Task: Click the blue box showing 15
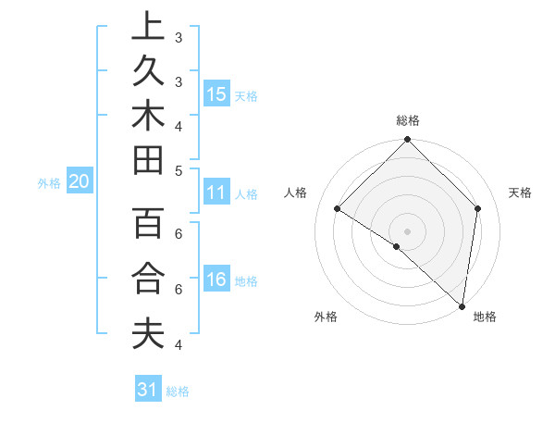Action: point(216,93)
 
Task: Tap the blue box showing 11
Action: point(216,193)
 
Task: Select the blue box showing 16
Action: point(216,280)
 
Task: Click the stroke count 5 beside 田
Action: point(179,169)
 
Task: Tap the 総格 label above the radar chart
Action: point(408,120)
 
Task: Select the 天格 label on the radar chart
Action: point(520,193)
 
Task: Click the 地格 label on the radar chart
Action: point(485,317)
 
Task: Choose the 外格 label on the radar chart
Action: point(326,317)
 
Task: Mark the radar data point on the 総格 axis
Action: point(408,141)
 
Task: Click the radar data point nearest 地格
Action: point(462,305)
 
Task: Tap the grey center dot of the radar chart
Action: point(408,230)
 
